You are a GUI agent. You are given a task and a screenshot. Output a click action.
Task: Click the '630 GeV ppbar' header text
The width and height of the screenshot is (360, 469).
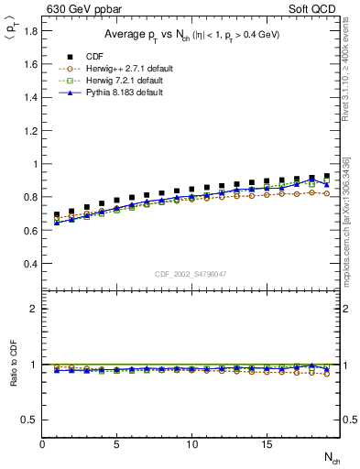coord(82,9)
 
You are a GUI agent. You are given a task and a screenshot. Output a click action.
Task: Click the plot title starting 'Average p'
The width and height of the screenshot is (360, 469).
coord(191,35)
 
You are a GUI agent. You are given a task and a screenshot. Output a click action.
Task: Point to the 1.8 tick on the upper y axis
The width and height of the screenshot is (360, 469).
coord(30,31)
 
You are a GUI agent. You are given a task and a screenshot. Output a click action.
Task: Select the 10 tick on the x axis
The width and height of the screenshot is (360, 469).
coord(191,444)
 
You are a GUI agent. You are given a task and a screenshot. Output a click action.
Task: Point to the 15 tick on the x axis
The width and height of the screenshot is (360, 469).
coord(266,444)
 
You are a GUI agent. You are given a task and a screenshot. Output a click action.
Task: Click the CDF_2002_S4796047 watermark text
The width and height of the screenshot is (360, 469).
coord(191,274)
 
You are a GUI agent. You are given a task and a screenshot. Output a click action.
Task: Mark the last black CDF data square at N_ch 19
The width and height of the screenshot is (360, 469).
coord(326,176)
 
